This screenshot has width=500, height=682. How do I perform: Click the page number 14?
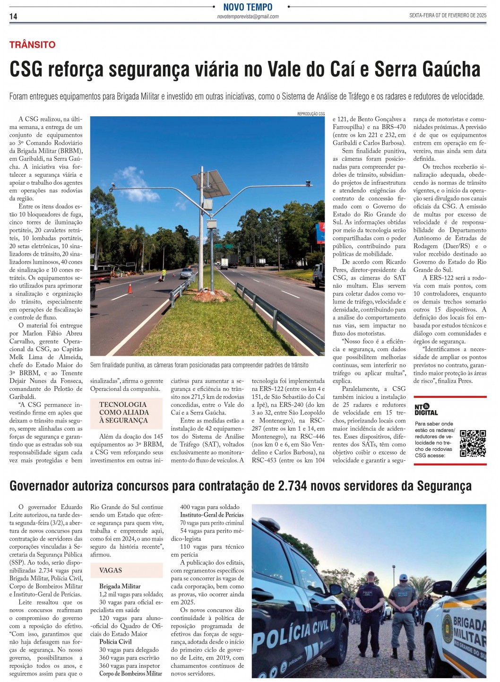[x=13, y=17]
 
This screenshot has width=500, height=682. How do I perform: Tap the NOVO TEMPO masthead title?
[x=248, y=7]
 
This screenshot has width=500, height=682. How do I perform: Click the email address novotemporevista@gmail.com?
[x=248, y=17]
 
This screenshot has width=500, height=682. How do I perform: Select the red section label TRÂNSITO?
[x=32, y=45]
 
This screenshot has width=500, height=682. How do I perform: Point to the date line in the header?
[x=448, y=16]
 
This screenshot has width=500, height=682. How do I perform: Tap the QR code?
[x=473, y=443]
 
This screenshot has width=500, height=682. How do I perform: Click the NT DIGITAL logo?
[x=426, y=409]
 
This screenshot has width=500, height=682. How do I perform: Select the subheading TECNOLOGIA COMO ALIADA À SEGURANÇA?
[x=124, y=412]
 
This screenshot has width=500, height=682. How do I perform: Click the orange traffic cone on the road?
[x=130, y=288]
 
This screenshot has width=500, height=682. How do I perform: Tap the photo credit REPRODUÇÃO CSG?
[x=310, y=114]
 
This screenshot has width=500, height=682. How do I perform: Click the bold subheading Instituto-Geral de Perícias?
[x=212, y=515]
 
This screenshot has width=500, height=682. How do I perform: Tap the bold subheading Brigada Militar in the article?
[x=120, y=586]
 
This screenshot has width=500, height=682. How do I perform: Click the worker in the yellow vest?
[x=164, y=274]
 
